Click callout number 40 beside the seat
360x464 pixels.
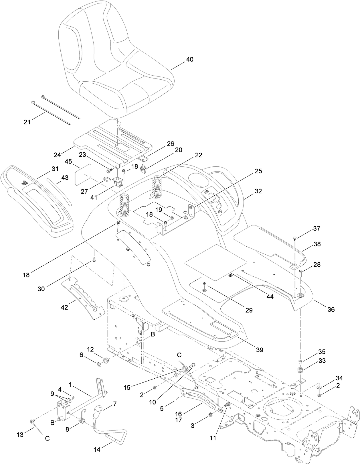click(x=189, y=60)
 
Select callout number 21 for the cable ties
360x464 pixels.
click(x=27, y=122)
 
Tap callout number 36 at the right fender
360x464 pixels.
click(x=331, y=309)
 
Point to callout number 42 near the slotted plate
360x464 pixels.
click(x=64, y=307)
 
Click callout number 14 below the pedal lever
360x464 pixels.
click(x=97, y=449)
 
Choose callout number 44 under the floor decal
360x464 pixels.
click(x=270, y=297)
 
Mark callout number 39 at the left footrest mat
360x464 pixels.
click(x=260, y=350)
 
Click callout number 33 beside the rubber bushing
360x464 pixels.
click(x=322, y=361)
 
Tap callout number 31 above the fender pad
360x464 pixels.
click(x=55, y=169)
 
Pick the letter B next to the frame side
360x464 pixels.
click(x=153, y=334)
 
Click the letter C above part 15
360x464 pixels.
click(x=179, y=355)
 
